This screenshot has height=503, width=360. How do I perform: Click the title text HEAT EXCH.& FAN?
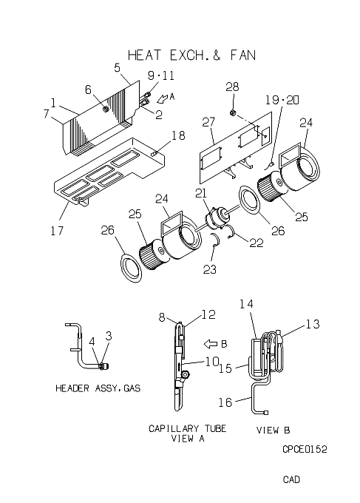pyautogui.click(x=191, y=55)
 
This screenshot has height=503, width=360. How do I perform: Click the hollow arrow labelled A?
pyautogui.click(x=162, y=98)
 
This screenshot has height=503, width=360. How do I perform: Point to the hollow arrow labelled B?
pyautogui.click(x=211, y=344)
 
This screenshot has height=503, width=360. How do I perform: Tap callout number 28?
pyautogui.click(x=232, y=87)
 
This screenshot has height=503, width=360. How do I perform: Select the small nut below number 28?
pyautogui.click(x=233, y=112)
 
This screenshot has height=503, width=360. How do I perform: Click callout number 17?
pyautogui.click(x=57, y=230)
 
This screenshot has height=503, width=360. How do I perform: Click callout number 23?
pyautogui.click(x=210, y=269)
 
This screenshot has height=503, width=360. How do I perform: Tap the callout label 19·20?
pyautogui.click(x=282, y=100)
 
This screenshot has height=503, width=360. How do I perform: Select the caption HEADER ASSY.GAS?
pyautogui.click(x=98, y=388)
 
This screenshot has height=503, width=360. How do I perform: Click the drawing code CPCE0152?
pyautogui.click(x=305, y=449)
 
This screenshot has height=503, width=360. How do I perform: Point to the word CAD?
pyautogui.click(x=291, y=479)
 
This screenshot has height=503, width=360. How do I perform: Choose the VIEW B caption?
pyautogui.click(x=273, y=430)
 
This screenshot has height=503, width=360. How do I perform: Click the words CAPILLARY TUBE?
pyautogui.click(x=187, y=428)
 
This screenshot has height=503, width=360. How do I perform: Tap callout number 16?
pyautogui.click(x=225, y=402)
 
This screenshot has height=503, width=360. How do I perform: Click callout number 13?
pyautogui.click(x=313, y=324)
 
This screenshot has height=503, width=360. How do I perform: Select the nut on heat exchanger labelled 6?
pyautogui.click(x=105, y=109)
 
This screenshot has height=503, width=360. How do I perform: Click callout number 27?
pyautogui.click(x=208, y=122)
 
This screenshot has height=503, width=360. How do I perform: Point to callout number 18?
pyautogui.click(x=178, y=135)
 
